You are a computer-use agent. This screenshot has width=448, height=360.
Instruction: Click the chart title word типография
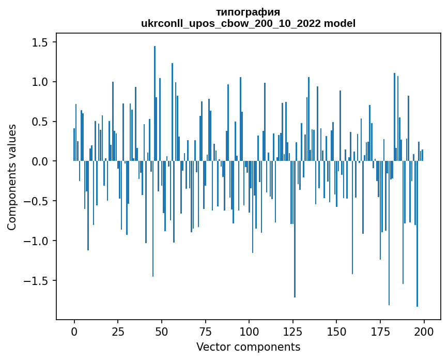pos(248,12)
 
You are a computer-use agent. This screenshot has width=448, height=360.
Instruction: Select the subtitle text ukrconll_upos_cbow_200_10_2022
pos(231,23)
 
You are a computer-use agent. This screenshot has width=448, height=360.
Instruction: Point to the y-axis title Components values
pos(12,177)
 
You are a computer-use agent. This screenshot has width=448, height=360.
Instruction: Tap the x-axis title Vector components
pos(248,347)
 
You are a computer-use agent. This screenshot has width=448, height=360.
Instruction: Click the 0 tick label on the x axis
pos(74,331)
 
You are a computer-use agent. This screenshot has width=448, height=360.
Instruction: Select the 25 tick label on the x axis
pos(118,331)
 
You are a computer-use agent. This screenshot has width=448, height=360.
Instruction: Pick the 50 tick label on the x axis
pos(162,331)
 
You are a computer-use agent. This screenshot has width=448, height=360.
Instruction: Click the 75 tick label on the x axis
pos(205,331)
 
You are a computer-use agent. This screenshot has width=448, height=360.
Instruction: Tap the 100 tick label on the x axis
pos(249,331)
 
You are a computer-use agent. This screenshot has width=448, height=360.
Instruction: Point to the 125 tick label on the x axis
pos(293,331)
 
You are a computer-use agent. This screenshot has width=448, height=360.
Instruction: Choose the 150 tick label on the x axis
pos(336,331)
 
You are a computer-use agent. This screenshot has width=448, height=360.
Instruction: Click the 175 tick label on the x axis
pos(380,331)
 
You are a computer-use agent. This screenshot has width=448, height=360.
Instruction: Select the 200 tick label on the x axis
pos(424,331)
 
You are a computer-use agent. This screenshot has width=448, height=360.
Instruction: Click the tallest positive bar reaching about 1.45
pos(155,103)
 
